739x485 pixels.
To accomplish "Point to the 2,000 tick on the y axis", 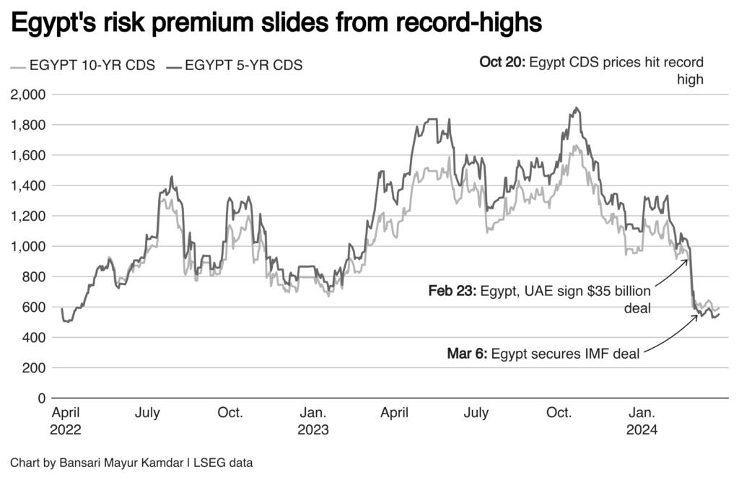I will coord(29,95).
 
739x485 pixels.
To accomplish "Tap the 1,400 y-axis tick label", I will coord(29,185).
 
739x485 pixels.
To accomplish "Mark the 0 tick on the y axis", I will coord(42,398).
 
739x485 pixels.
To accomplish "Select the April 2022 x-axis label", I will coord(66,421).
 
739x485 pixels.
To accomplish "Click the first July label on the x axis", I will coord(148,414).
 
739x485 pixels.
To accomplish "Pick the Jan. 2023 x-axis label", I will coord(312,421).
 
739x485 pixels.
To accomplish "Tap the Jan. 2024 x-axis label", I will coord(642,421).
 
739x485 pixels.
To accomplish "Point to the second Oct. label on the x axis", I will coord(559,414).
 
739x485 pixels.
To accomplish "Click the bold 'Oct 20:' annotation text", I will coord(502,63).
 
